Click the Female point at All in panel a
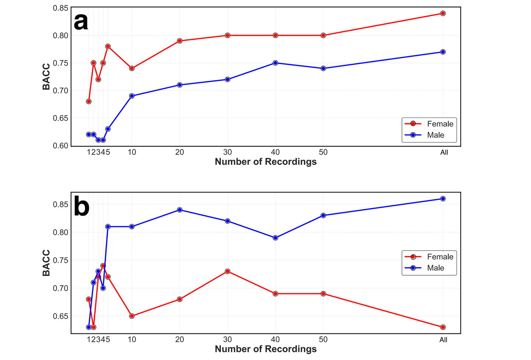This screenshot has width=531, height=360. coord(443,13)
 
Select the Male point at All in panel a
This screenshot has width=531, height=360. coord(443,52)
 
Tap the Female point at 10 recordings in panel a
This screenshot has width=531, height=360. coord(132,68)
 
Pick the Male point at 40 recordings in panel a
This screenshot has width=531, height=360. coord(275,63)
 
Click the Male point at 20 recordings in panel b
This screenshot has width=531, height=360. coord(180,210)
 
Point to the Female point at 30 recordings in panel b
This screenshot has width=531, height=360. coord(228,271)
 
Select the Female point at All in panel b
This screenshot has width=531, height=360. coord(443,327)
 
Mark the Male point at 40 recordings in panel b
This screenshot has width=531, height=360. coord(275,238)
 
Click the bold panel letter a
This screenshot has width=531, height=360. coord(81,22)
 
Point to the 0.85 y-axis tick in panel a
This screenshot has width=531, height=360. coord(60,8)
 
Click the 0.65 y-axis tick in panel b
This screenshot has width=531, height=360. coord(60,316)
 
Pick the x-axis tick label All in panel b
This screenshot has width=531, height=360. coord(443,340)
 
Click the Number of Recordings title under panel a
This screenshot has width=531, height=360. coord(265,162)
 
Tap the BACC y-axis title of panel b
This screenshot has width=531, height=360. coord(46,263)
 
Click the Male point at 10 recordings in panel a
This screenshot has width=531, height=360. coord(132,96)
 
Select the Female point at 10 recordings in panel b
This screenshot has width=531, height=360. coord(132,316)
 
